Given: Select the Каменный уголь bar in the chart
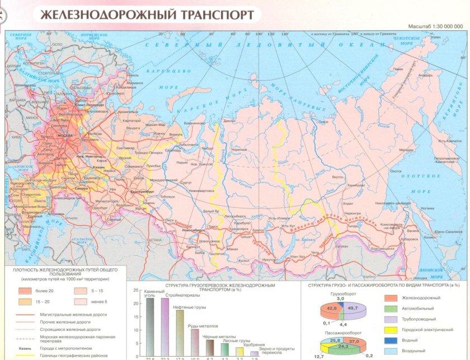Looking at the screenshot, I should pos(150,327).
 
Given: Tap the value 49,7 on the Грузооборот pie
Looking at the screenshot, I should pos(352,308).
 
